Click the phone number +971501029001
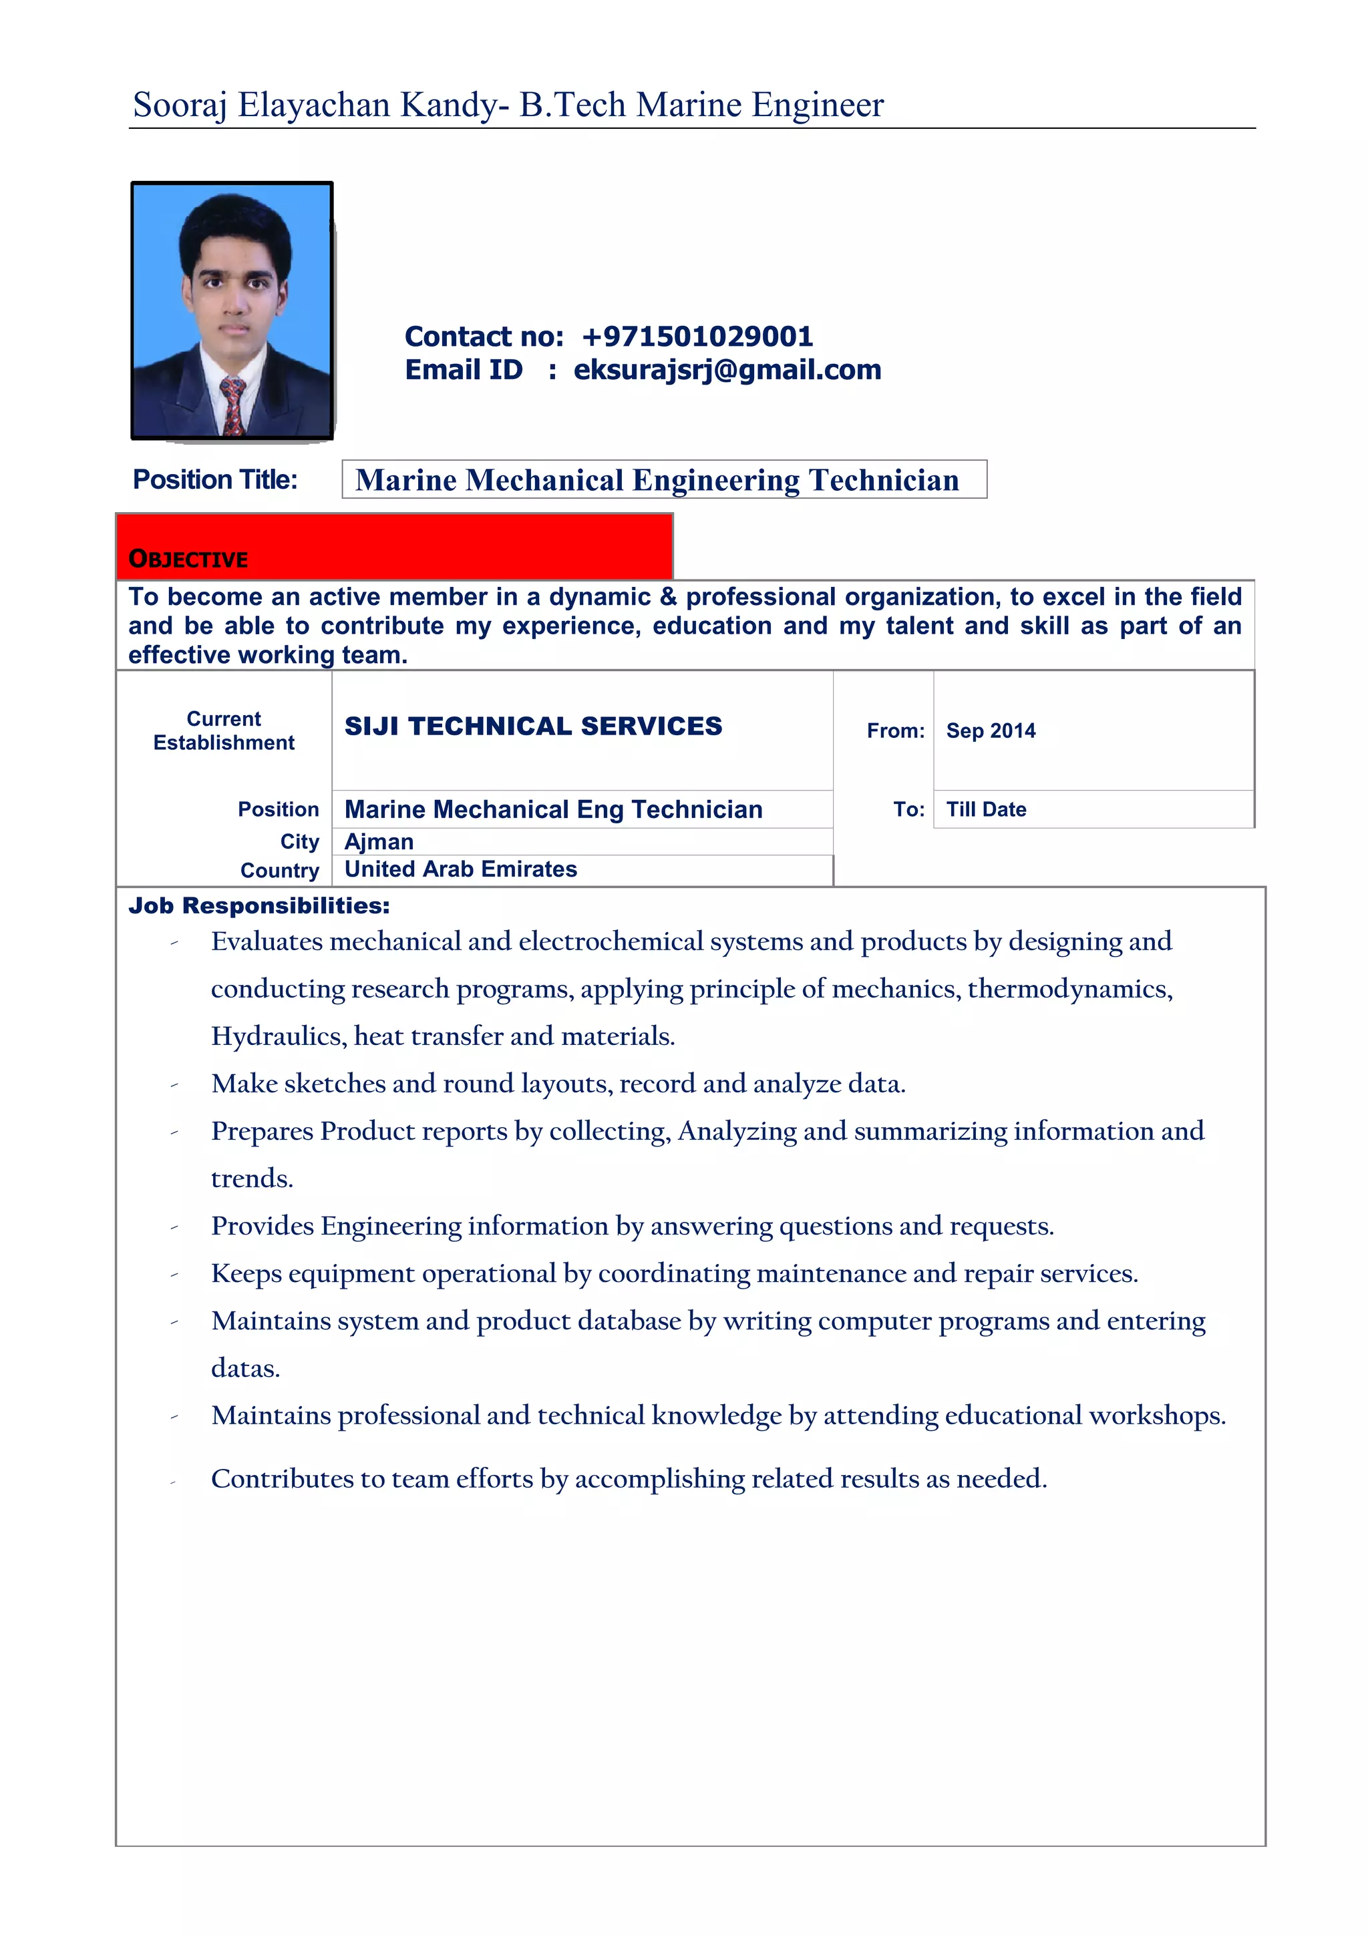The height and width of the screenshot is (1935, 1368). tap(697, 337)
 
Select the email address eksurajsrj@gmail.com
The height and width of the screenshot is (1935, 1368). tap(727, 370)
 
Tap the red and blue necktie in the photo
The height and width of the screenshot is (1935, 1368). tap(232, 405)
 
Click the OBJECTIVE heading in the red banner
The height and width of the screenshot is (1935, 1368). tap(188, 559)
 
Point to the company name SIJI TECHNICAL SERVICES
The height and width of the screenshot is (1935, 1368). tap(532, 726)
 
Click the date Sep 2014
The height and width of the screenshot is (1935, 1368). tap(991, 730)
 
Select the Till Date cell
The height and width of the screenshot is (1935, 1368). tap(986, 809)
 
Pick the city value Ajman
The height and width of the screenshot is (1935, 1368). tap(379, 842)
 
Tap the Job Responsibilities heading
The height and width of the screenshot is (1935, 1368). tap(259, 906)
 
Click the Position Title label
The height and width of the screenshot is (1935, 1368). tap(215, 479)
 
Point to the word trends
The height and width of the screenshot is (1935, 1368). tap(251, 1178)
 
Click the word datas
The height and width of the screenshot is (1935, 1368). tap(244, 1368)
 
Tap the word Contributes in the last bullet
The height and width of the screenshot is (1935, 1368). tap(281, 1478)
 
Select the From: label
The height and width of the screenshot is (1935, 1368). tap(895, 730)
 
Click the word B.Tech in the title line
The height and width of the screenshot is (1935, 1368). tap(572, 105)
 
